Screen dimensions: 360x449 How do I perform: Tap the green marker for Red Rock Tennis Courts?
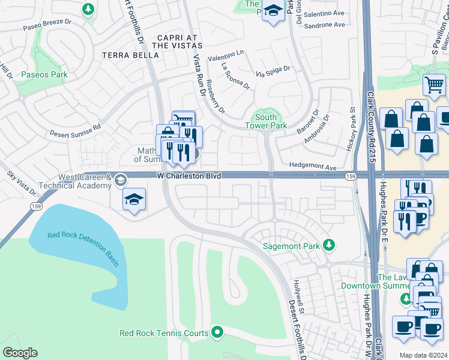[x=217, y=332]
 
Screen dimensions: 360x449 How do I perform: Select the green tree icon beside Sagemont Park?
[x=328, y=245]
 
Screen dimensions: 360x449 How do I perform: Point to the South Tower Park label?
[x=265, y=121]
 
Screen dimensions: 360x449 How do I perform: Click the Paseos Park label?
[x=44, y=75]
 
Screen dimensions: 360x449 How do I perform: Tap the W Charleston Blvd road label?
[x=189, y=176]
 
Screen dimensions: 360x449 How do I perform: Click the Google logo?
[x=20, y=352]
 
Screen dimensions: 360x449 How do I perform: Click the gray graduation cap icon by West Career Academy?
[x=121, y=181]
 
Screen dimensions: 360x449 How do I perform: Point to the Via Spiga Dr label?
[x=273, y=73]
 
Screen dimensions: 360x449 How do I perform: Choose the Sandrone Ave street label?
[x=324, y=25]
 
